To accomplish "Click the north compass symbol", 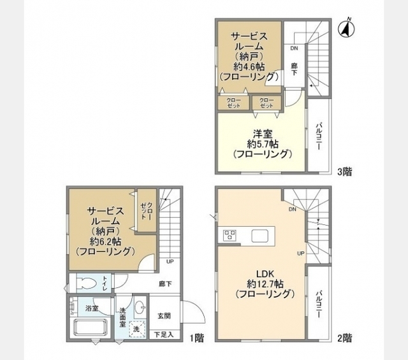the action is click(347, 28).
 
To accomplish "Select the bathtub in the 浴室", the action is click(91, 328).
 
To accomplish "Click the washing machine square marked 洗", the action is click(136, 329).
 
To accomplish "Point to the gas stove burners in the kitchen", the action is click(229, 234).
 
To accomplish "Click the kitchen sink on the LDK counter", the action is click(259, 236).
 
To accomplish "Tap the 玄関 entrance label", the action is click(164, 316).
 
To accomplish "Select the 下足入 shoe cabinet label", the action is click(164, 335).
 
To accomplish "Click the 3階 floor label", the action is click(345, 171).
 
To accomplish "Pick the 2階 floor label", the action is click(345, 338).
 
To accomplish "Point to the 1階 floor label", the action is click(197, 338).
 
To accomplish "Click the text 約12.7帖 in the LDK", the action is click(265, 284).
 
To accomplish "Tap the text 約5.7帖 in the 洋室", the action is click(263, 144).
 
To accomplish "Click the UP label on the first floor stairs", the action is click(170, 262).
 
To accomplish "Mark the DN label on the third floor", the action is click(294, 48).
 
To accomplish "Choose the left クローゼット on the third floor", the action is click(233, 103).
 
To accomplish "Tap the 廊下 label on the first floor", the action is click(165, 284).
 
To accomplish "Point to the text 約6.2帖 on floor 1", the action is click(105, 241).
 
